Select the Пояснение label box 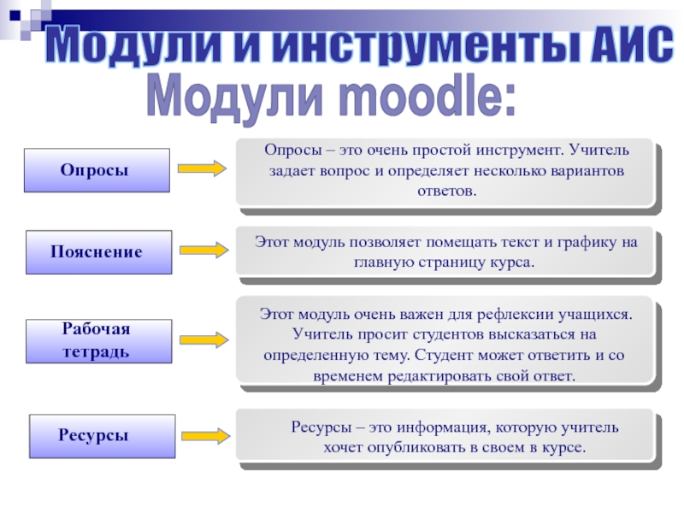pyautogui.click(x=97, y=252)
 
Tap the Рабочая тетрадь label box pyautogui.click(x=98, y=341)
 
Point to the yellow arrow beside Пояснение pyautogui.click(x=203, y=250)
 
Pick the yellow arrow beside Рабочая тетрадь pyautogui.click(x=203, y=339)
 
